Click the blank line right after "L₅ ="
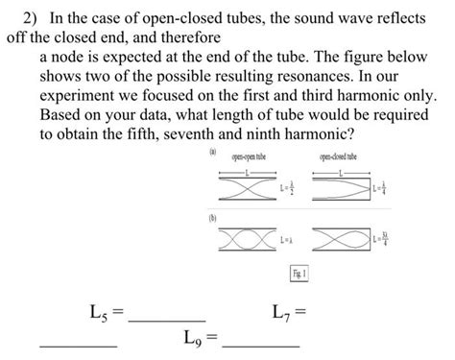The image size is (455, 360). (x=167, y=318)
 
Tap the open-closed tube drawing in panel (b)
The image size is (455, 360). (x=349, y=237)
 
